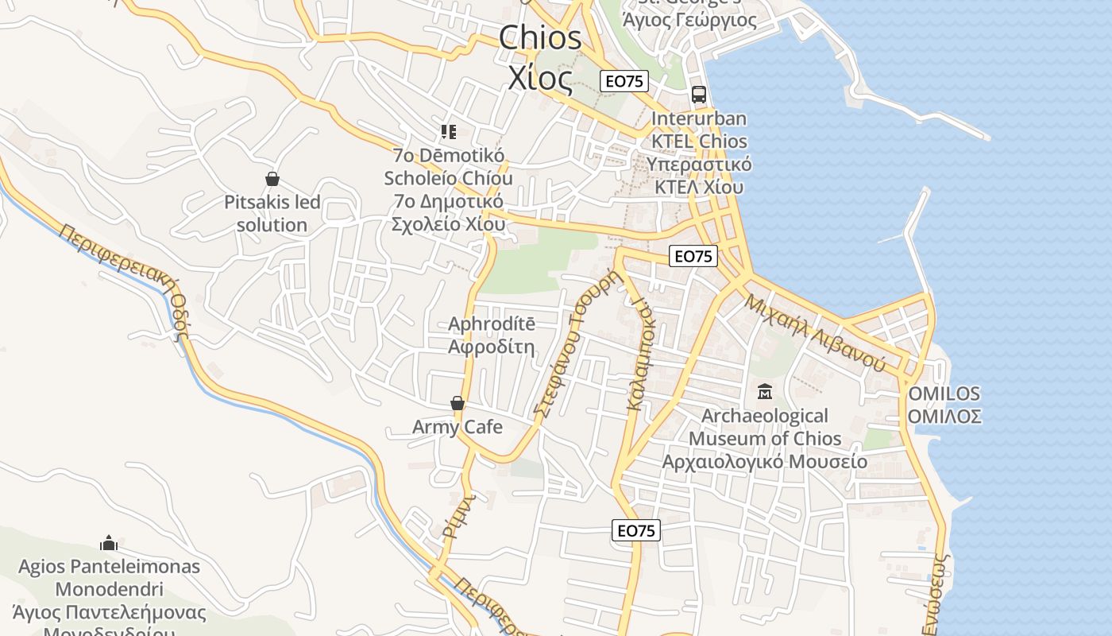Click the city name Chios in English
[x=540, y=38]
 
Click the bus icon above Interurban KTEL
[x=699, y=95]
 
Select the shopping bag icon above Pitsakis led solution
[x=272, y=179]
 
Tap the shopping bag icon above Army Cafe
[x=458, y=404]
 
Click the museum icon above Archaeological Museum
[x=765, y=391]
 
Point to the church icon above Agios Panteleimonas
[x=110, y=543]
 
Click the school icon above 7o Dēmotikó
[x=449, y=131]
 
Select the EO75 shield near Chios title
[x=624, y=80]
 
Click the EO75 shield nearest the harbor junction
[x=693, y=256]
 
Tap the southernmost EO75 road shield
[x=636, y=530]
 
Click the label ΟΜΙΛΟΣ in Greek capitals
[x=945, y=417]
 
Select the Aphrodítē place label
[x=492, y=324]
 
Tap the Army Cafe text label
[x=458, y=427]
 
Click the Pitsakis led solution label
[x=272, y=213]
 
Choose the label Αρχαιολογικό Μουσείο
[x=765, y=461]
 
